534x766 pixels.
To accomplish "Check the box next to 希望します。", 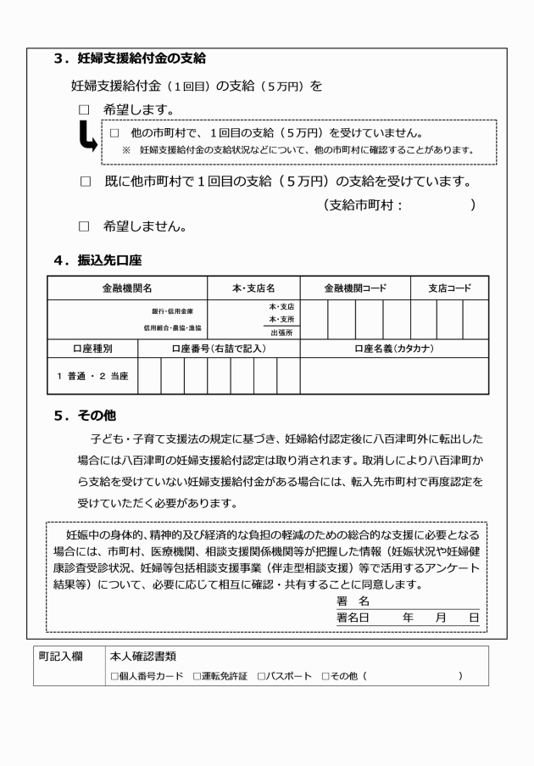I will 84,110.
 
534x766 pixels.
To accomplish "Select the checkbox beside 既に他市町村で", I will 84,182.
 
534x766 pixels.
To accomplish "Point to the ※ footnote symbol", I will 126,150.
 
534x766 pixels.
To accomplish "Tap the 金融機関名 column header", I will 127,288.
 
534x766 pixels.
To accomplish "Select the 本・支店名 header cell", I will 253,288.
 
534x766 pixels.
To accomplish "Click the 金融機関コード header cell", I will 355,288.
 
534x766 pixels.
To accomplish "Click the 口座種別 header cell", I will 92,348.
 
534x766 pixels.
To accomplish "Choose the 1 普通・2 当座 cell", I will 92,376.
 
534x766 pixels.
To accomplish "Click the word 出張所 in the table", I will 281,333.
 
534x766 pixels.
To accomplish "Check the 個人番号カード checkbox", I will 114,676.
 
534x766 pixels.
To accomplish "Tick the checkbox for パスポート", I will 259,676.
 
